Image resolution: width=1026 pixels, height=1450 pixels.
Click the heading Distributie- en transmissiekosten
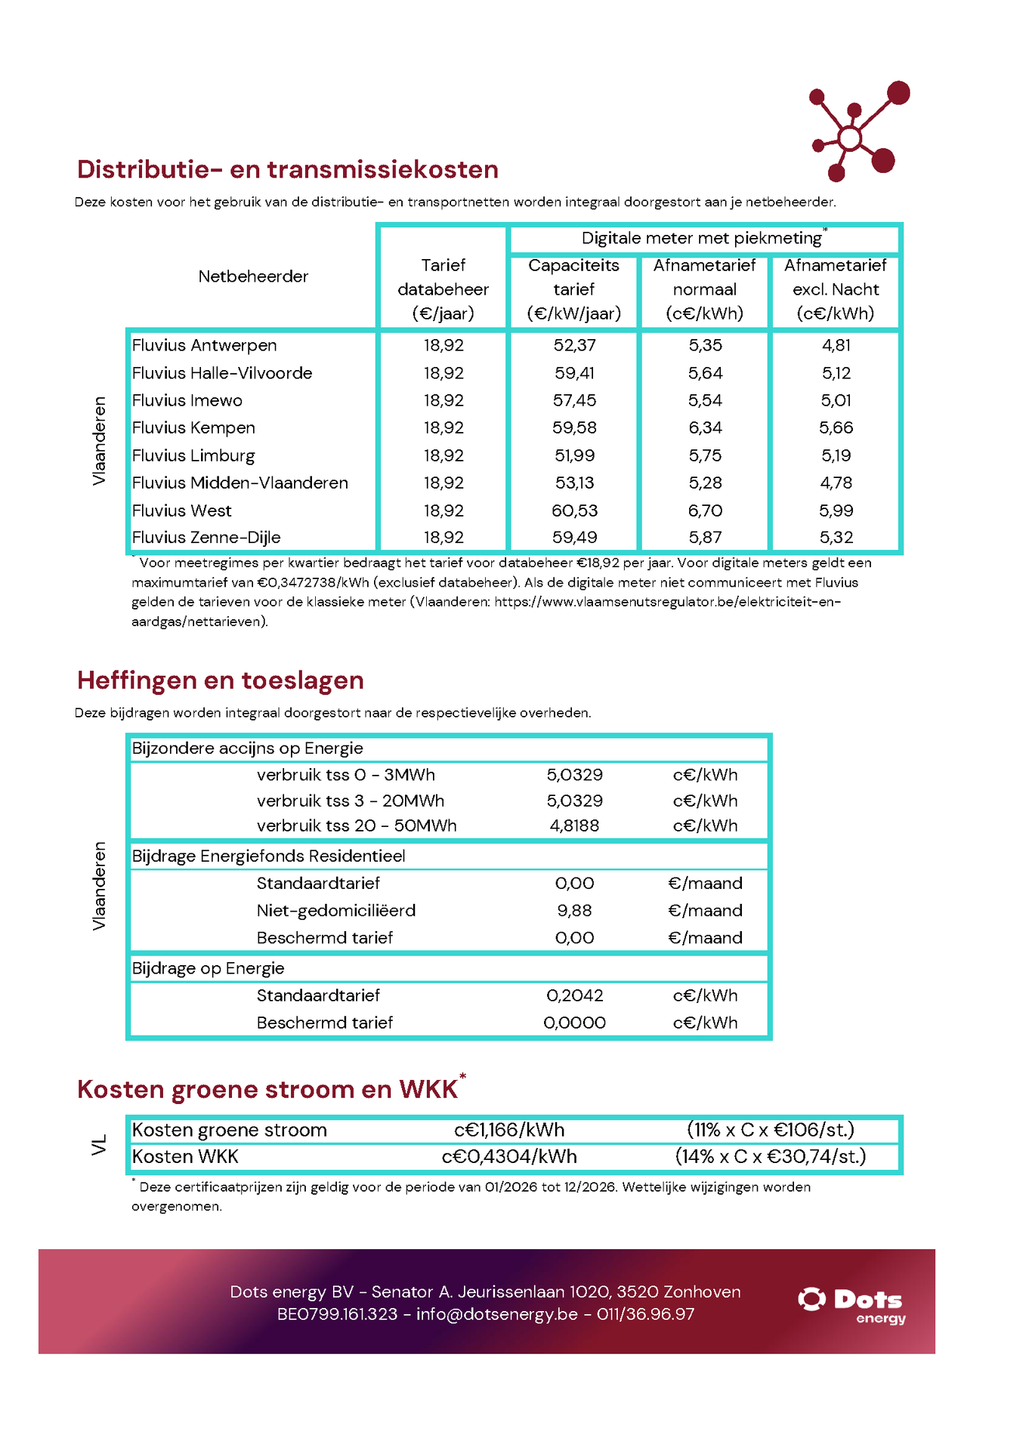click(287, 169)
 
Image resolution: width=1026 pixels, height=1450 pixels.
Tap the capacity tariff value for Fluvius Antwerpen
click(574, 345)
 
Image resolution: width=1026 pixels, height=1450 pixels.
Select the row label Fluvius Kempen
click(193, 427)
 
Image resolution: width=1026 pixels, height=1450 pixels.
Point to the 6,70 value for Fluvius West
click(705, 511)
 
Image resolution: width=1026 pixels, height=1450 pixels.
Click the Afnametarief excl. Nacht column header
click(835, 289)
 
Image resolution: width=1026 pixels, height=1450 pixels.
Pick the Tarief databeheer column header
click(443, 289)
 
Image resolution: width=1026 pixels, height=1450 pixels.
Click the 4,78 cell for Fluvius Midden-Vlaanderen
click(836, 483)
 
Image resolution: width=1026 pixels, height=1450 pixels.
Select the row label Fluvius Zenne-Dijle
click(206, 538)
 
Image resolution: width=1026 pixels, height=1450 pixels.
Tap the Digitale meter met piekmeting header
click(702, 239)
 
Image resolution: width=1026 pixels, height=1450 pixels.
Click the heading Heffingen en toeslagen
click(220, 680)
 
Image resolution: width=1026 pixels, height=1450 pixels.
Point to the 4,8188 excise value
click(574, 825)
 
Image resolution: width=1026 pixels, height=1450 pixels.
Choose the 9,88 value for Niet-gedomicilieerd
click(574, 911)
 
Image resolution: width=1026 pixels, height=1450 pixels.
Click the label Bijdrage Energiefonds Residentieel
click(268, 856)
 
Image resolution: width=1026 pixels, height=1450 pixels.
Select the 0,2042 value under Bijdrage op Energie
click(574, 995)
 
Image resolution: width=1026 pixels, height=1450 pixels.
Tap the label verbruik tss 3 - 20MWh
click(350, 801)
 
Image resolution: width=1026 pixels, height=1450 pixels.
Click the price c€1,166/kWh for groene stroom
click(509, 1130)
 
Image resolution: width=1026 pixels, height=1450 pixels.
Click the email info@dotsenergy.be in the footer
click(496, 1314)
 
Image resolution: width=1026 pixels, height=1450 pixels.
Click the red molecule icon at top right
click(858, 131)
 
